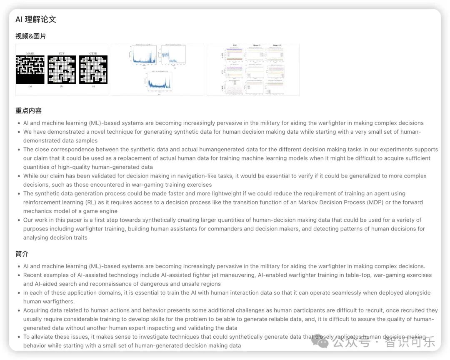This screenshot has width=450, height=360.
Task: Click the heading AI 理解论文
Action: tap(36, 19)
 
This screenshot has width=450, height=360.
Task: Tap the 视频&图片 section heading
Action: tap(31, 36)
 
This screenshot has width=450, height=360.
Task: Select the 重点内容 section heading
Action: tap(28, 110)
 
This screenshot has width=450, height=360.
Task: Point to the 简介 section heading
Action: tap(22, 254)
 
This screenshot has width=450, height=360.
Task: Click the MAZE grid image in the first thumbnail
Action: tap(30, 70)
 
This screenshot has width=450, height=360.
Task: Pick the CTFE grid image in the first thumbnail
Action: tap(93, 70)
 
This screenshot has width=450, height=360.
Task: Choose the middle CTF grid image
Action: tap(62, 70)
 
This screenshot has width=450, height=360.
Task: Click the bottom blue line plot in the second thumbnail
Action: tap(157, 82)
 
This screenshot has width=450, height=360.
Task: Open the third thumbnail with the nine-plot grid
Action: tap(253, 70)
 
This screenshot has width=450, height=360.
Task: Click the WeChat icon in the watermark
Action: tap(322, 342)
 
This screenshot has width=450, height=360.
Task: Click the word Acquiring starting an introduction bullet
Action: tap(37, 310)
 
